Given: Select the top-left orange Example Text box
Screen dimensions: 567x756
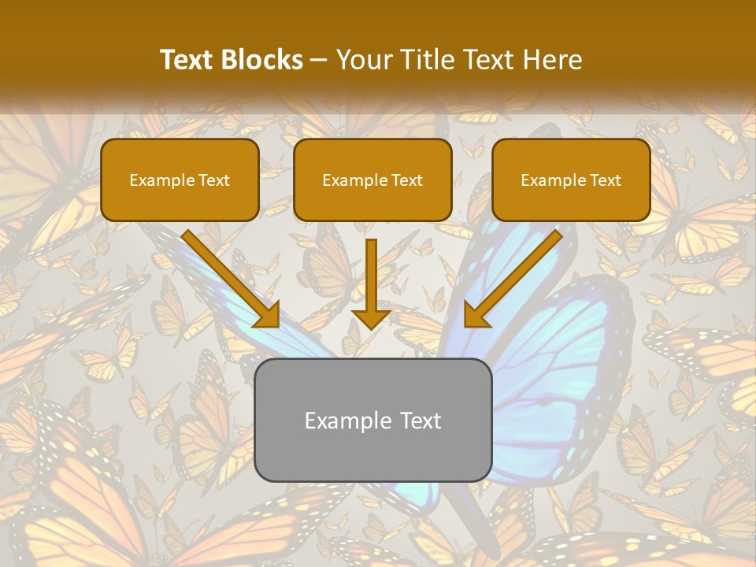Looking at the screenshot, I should (180, 180).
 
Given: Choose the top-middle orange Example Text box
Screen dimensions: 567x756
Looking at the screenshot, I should (372, 180).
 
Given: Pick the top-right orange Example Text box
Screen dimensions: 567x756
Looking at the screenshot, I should (571, 180).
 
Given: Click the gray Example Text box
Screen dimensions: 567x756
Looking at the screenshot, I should (372, 420).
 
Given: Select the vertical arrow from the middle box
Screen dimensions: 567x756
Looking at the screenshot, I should (371, 280).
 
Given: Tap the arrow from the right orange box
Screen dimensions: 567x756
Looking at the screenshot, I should (516, 276).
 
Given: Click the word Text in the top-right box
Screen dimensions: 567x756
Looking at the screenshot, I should (604, 180).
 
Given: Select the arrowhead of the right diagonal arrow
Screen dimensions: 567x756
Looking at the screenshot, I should (476, 314).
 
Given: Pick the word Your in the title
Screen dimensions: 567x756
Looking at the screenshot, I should (361, 60).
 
